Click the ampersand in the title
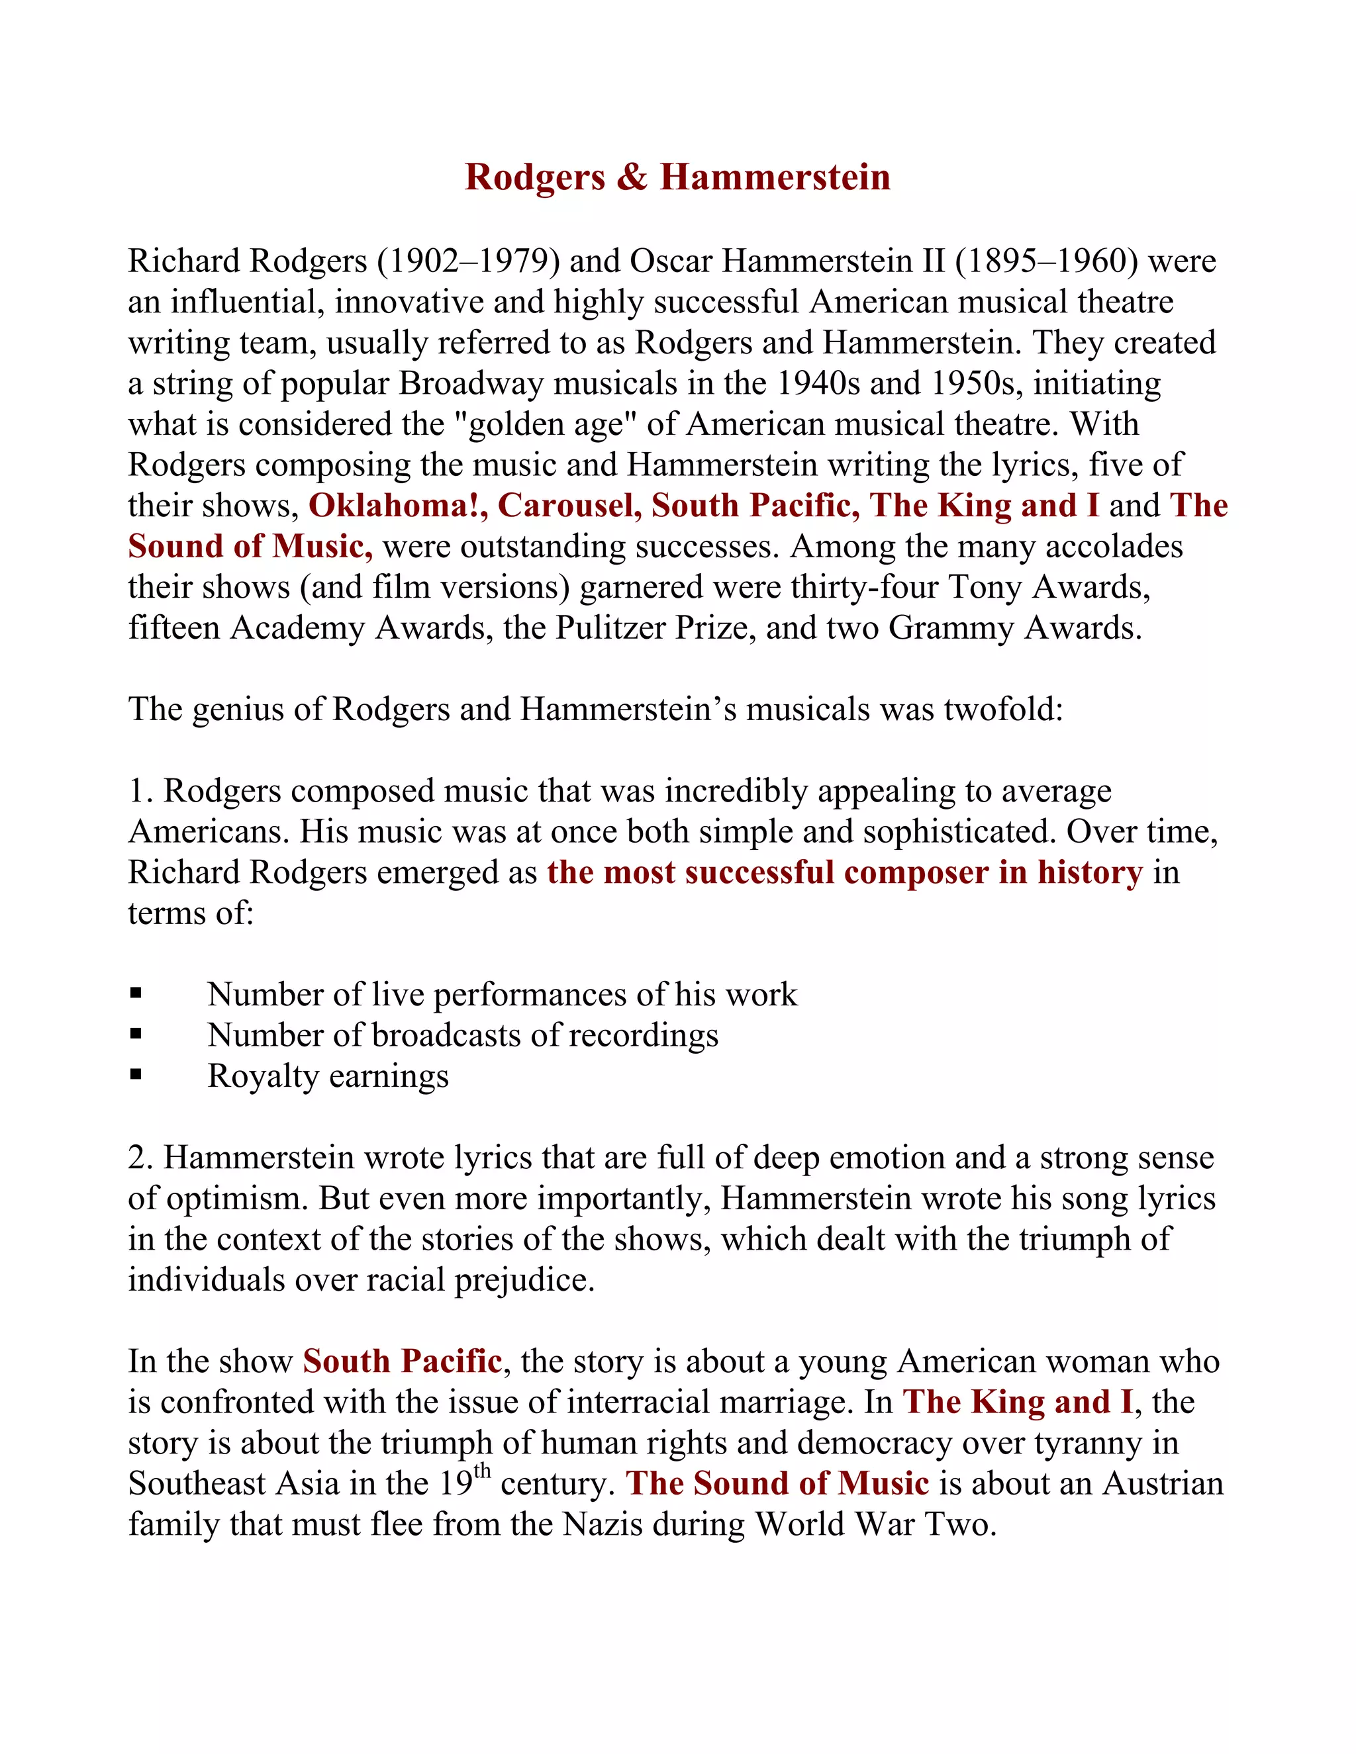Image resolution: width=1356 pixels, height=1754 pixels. [632, 177]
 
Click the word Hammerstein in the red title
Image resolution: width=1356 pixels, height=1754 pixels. [775, 177]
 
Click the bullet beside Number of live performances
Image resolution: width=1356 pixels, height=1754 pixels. [136, 993]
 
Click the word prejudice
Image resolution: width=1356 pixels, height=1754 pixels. [524, 1280]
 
